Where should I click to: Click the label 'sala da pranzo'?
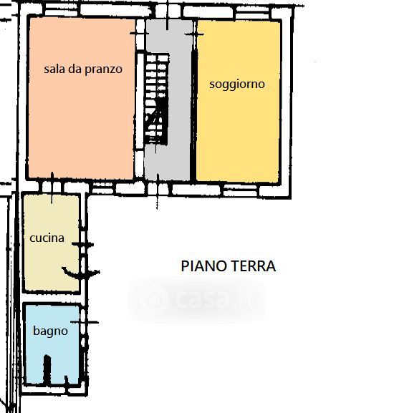point(83,69)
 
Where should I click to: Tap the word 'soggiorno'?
point(237,84)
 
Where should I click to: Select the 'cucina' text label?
point(47,238)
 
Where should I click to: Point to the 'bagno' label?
point(50,331)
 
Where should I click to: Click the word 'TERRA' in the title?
point(252,266)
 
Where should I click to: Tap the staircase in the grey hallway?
point(156,99)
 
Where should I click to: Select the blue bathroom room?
point(52,344)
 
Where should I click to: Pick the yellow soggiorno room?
point(239,102)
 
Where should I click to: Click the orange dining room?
point(82,98)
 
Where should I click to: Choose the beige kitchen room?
point(52,243)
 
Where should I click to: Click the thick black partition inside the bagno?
point(47,369)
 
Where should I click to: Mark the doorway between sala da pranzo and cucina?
point(52,188)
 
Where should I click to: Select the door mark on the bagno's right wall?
point(85,322)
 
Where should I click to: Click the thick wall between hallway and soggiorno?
point(194,102)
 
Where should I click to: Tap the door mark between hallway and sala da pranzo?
point(140,34)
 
